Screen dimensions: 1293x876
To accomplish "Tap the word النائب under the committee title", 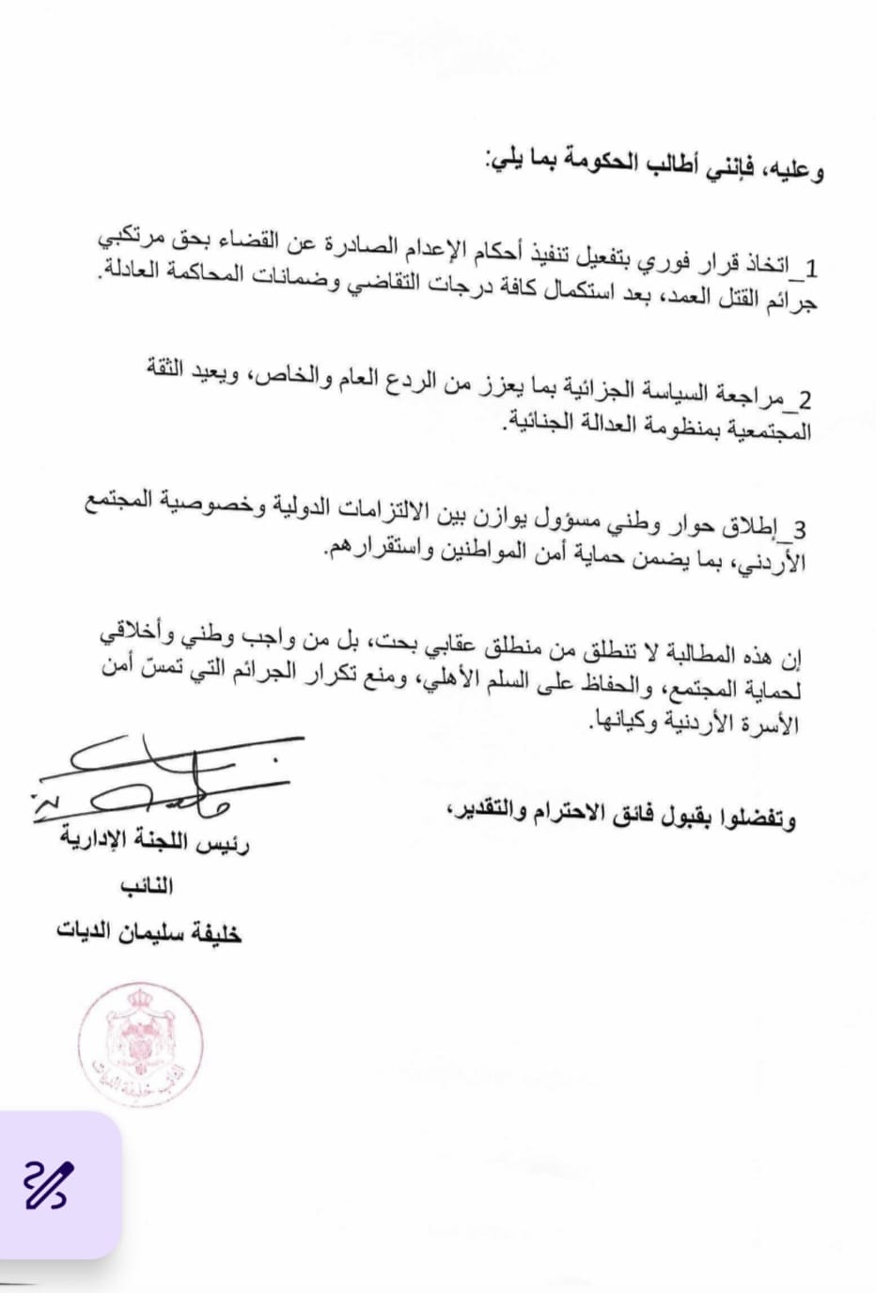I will click(148, 885).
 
